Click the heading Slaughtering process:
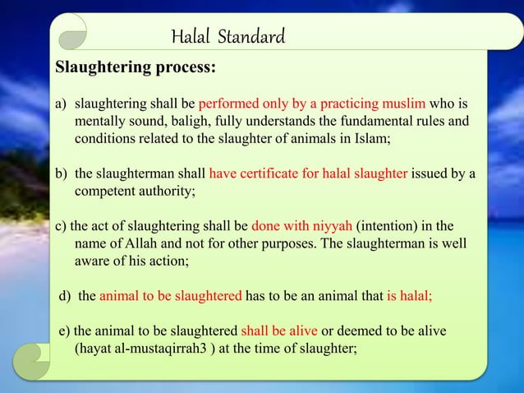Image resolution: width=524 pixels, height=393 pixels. coord(136,67)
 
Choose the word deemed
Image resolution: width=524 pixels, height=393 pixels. coord(370,331)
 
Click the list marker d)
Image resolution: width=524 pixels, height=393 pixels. coord(66,296)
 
